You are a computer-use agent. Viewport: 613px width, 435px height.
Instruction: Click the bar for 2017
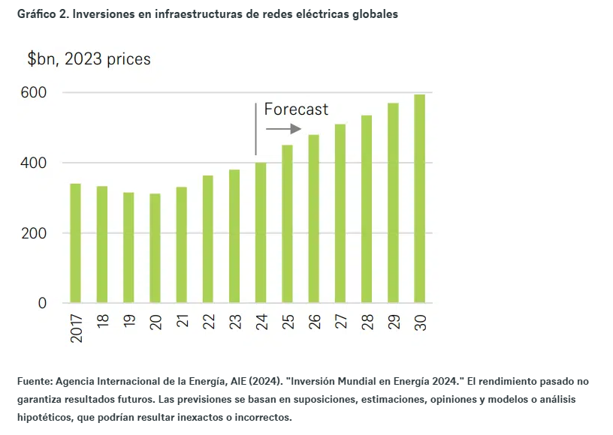[x=75, y=243]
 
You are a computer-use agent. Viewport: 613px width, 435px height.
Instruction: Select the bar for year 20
[x=155, y=248]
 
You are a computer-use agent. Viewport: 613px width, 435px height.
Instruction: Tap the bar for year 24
[x=261, y=232]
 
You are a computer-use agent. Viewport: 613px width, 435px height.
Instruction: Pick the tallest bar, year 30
[x=419, y=199]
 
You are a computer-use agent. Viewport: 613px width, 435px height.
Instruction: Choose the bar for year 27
[x=340, y=214]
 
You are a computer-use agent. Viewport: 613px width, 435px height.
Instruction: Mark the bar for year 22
[x=207, y=239]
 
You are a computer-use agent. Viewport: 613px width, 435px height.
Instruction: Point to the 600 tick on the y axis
[x=33, y=93]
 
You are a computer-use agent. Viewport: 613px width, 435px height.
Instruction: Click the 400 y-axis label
[x=33, y=163]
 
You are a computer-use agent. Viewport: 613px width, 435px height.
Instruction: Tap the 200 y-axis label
[x=33, y=233]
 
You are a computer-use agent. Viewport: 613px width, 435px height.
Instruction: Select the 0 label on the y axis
[x=42, y=303]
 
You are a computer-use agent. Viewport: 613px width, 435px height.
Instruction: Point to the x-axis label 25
[x=288, y=319]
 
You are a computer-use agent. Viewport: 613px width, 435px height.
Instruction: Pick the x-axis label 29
[x=394, y=319]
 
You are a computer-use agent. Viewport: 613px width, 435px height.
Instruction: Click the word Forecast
[x=296, y=109]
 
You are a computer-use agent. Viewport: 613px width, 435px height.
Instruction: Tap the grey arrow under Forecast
[x=284, y=129]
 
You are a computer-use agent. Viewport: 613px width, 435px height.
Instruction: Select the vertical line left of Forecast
[x=256, y=127]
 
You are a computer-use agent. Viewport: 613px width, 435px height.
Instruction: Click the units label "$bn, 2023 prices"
[x=89, y=59]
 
